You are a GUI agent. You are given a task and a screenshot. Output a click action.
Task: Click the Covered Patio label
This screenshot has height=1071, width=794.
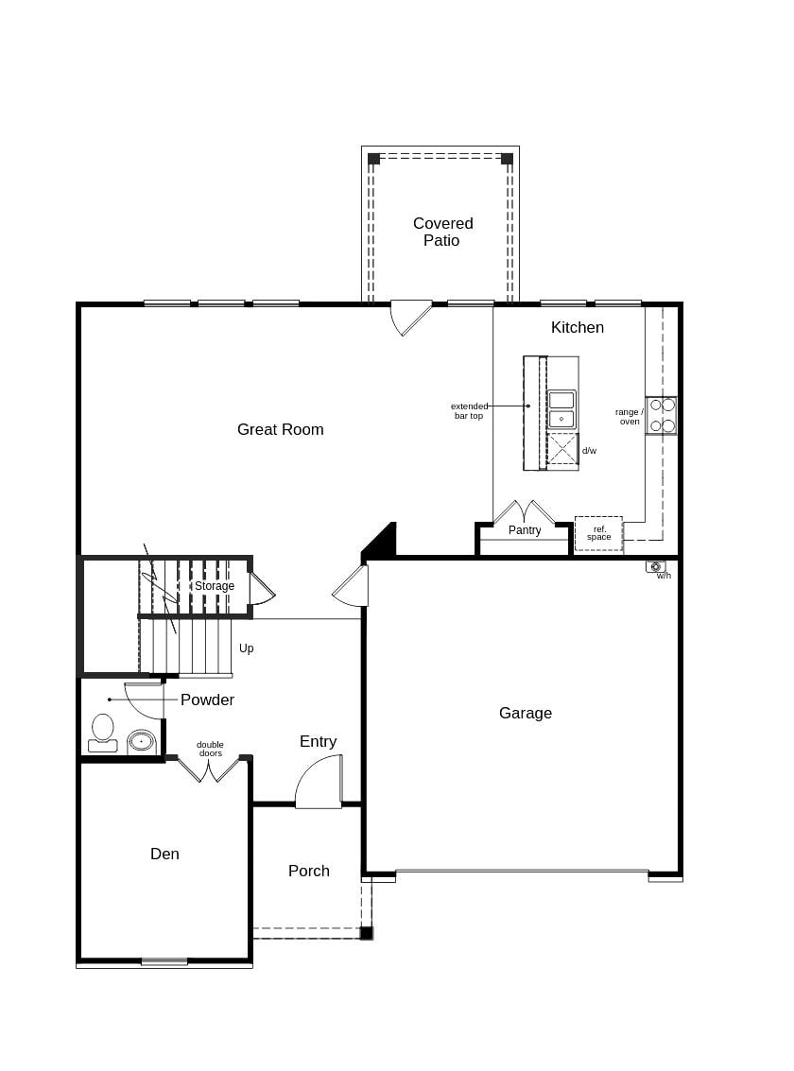point(442,232)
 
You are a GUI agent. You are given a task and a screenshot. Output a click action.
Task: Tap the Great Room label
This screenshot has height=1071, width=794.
point(280,429)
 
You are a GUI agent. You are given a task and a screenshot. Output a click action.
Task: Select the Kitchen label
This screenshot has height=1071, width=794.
point(577,327)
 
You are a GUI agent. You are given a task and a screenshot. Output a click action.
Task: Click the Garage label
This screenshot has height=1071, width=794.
point(525,713)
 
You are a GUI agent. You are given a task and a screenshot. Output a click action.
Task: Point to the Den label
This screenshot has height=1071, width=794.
point(164,854)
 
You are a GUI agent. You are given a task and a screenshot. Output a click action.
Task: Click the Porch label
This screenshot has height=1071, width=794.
point(308,871)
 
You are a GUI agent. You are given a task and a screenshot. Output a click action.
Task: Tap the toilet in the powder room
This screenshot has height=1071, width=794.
point(102,733)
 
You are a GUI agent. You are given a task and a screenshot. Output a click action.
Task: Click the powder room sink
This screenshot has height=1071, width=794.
point(141,741)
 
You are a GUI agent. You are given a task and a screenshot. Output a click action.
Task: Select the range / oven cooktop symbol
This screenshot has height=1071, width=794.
point(662,415)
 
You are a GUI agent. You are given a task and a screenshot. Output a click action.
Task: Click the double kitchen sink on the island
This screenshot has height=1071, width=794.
point(561,409)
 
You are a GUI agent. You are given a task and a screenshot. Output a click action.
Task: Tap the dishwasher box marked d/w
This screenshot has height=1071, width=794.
point(562,449)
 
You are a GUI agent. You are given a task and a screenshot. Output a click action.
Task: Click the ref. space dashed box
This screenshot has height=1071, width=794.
point(598,533)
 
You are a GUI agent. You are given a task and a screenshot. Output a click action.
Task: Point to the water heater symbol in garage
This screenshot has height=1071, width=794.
point(655,566)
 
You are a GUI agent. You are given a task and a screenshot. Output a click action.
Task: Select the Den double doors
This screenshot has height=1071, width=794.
point(209,769)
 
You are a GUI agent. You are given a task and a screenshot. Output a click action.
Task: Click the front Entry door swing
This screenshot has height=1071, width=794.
point(319,783)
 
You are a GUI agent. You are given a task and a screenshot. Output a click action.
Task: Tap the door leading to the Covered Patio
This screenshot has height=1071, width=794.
point(410,317)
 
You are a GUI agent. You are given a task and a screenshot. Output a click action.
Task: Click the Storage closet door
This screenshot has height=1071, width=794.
point(261,589)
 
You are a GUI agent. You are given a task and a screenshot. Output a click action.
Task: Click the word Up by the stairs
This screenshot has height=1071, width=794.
point(246,648)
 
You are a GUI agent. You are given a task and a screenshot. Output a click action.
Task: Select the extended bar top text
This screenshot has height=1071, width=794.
point(469,411)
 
